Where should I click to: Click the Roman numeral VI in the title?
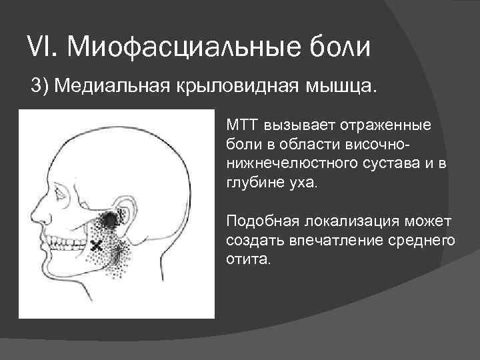click(39, 47)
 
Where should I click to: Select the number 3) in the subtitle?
click(41, 87)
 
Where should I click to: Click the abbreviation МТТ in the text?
click(242, 125)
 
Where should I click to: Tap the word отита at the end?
click(247, 259)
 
